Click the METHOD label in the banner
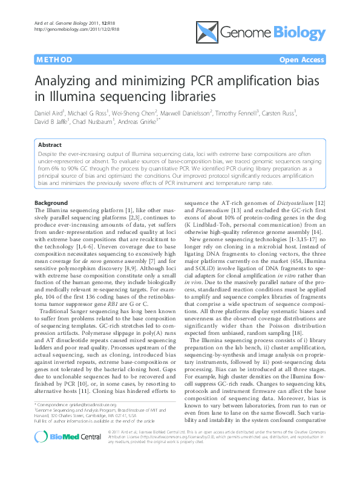[x=54, y=60]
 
